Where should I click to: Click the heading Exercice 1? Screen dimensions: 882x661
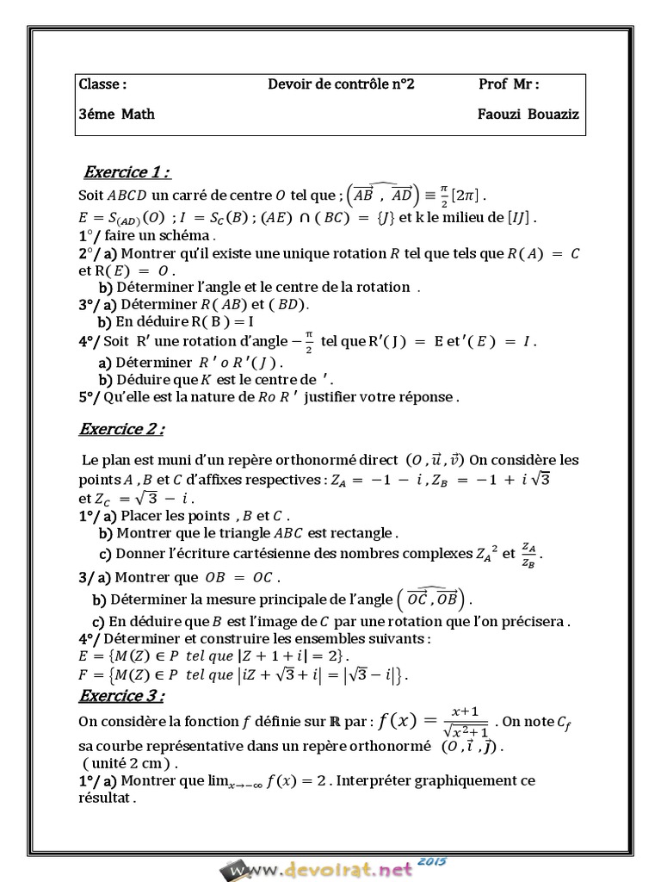click(127, 171)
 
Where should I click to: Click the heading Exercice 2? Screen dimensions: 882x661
click(121, 428)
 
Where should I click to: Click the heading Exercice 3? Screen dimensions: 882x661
click(121, 695)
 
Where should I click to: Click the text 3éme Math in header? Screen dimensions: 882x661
click(117, 114)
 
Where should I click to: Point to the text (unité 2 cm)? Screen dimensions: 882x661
click(131, 763)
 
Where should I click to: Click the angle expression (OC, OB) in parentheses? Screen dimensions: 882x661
click(434, 598)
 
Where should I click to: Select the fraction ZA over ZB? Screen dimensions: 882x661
click(533, 554)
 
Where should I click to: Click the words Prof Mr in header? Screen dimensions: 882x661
click(509, 84)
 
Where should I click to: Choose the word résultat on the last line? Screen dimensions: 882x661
click(107, 798)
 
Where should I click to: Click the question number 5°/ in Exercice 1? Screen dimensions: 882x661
click(90, 397)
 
